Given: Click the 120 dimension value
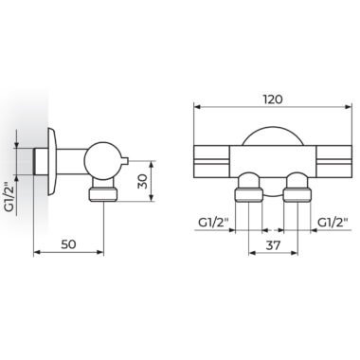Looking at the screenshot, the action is (x=273, y=99).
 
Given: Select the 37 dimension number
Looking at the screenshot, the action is (x=273, y=245).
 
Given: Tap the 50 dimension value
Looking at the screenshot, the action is (x=68, y=244).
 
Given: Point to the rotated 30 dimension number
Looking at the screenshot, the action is (x=143, y=181).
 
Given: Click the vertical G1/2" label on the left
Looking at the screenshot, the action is (x=10, y=197).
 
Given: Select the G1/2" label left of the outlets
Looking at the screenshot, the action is (x=213, y=223).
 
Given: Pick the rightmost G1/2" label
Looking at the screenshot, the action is (x=333, y=223).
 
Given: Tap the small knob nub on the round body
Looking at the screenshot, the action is (x=125, y=161).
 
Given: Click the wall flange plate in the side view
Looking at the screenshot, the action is (x=52, y=162).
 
